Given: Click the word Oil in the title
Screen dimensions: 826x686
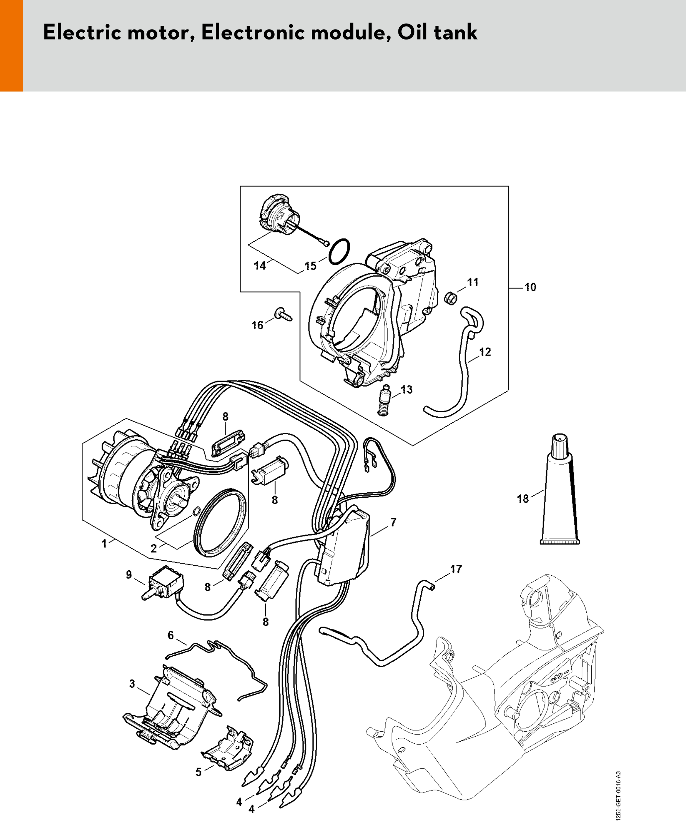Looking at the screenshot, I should tap(411, 32).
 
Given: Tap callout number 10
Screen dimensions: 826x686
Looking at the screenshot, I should tap(530, 287).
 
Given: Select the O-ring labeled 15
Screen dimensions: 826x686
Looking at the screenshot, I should tap(339, 251).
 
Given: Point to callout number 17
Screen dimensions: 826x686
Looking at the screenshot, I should tap(456, 569).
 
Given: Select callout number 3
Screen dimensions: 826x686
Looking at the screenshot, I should tap(132, 684).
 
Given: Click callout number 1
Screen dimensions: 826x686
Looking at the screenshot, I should tap(104, 543).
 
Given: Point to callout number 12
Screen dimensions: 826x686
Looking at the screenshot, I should tap(485, 352).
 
